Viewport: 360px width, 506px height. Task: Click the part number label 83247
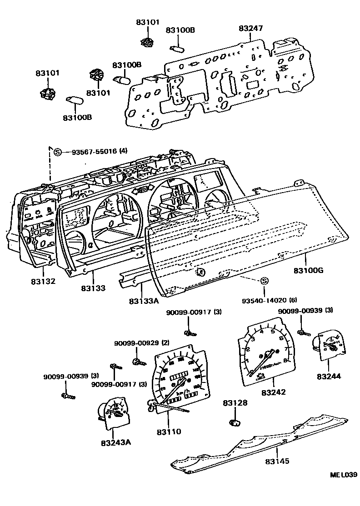click(x=251, y=28)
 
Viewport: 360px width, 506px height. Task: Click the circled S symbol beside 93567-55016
click(x=58, y=152)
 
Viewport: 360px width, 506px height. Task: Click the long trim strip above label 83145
click(x=259, y=441)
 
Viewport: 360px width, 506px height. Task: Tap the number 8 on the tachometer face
click(x=285, y=362)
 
